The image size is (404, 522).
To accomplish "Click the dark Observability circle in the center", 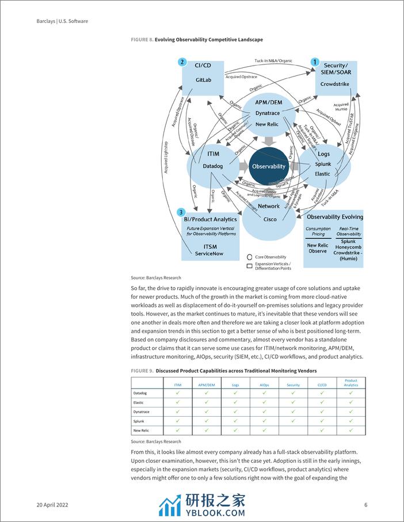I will tap(268, 166).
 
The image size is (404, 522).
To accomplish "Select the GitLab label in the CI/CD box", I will tap(204, 80).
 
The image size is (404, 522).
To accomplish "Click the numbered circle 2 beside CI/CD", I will tap(182, 62).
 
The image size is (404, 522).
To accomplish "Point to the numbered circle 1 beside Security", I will tap(315, 62).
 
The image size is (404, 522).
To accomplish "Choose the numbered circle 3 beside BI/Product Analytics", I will tap(181, 212).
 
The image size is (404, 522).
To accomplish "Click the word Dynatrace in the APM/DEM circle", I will tap(267, 114).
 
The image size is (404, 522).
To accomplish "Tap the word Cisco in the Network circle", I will tap(269, 219).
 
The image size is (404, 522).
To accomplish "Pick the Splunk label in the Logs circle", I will tap(322, 165).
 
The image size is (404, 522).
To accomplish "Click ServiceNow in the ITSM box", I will tap(208, 254).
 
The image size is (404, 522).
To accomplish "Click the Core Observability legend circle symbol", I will tap(250, 257).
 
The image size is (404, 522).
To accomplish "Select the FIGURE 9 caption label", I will tap(142, 371).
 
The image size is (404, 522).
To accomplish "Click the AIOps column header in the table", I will tap(264, 384).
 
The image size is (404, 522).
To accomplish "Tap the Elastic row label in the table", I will tap(139, 402).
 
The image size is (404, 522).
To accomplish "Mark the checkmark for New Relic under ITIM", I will tap(177, 430).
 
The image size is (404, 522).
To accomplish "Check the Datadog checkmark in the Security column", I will tap(293, 393).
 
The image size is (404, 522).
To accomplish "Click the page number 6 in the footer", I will tap(366, 505).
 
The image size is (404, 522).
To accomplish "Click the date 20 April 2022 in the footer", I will tap(52, 505).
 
